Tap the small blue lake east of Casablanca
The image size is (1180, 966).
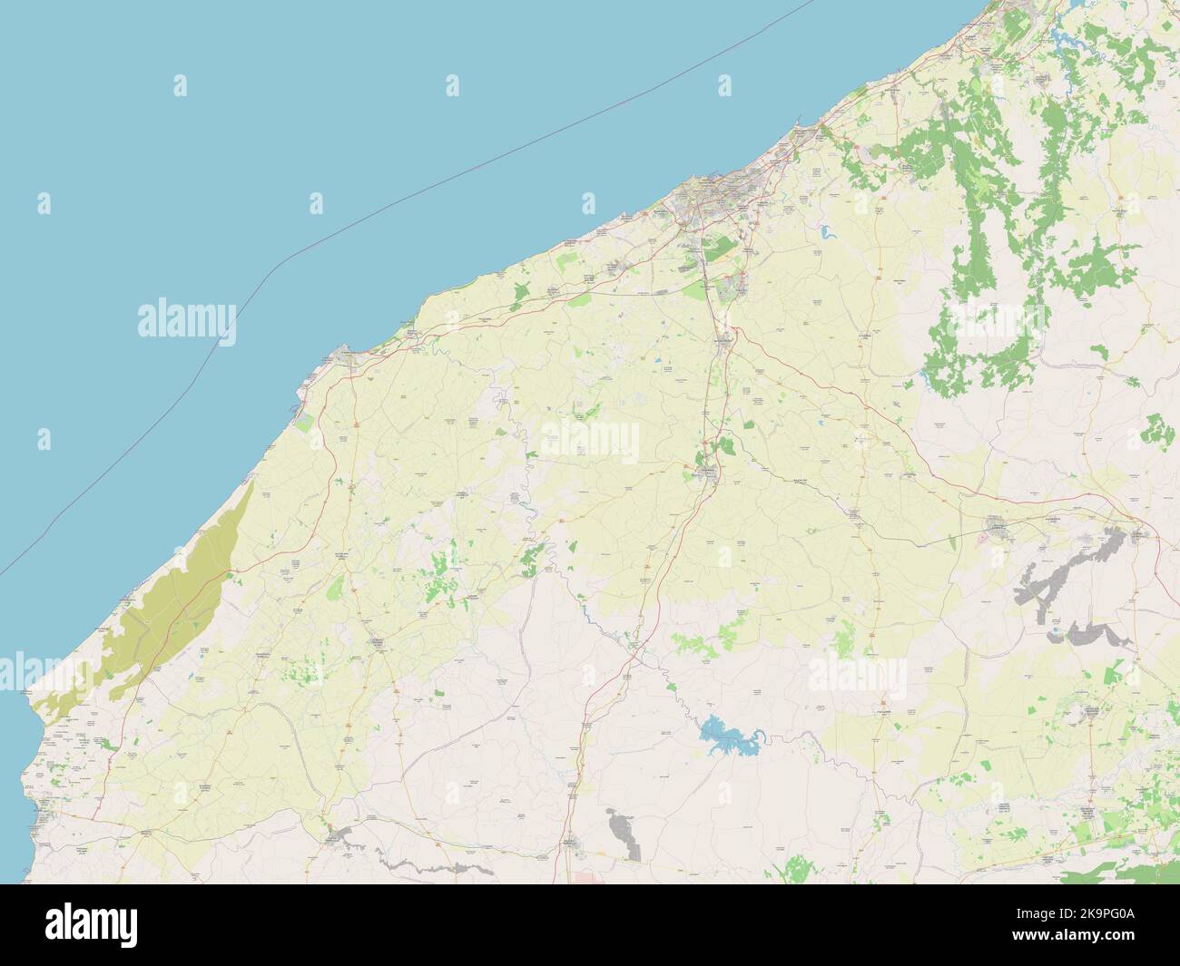click(x=828, y=231)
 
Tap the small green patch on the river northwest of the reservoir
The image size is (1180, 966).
click(x=673, y=688)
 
